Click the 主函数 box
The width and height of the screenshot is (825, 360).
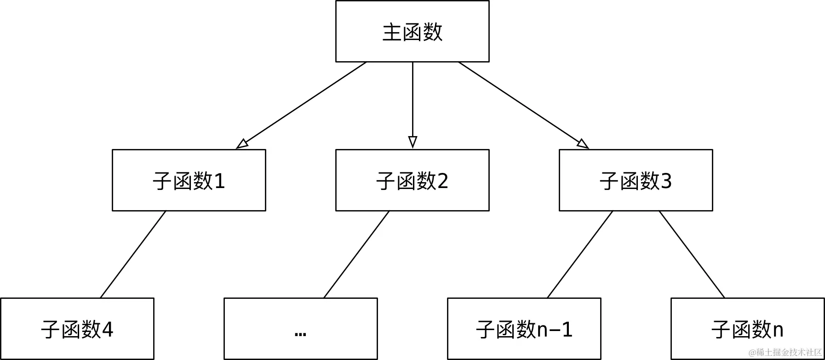pos(412,31)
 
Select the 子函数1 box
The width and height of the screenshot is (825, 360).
pos(189,180)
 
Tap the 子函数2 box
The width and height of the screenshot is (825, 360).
pos(412,180)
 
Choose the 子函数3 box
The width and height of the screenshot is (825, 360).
pos(636,180)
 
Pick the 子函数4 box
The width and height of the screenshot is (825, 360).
pos(77,329)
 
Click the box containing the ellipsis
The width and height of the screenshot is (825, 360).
pos(301,329)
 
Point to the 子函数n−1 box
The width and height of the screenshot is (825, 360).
pos(524,329)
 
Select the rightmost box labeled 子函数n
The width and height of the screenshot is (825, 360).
pos(748,329)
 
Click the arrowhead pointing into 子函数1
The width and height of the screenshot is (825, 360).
pos(242,144)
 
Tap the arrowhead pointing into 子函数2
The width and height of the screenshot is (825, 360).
pos(412,142)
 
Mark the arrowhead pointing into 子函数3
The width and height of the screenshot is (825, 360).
pos(583,144)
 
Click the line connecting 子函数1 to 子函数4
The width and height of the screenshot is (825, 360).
pos(133,254)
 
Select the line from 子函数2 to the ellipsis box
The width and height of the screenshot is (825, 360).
pos(356,254)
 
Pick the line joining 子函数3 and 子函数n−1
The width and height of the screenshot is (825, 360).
pos(580,254)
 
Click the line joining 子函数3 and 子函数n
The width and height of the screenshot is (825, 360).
pos(692,254)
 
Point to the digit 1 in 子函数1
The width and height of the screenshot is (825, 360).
pos(219,181)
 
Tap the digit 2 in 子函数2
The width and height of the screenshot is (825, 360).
pos(442,181)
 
